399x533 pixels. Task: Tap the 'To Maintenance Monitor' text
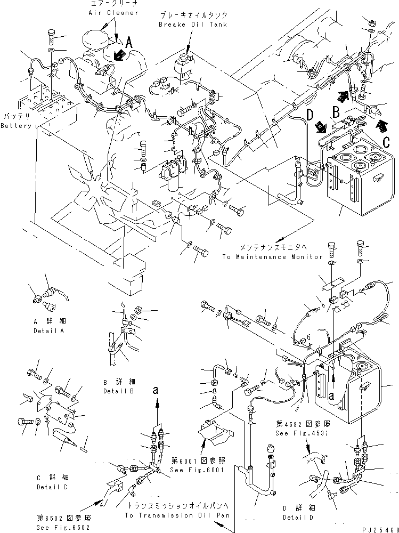point(272,256)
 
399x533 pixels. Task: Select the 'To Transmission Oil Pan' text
point(177,515)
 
